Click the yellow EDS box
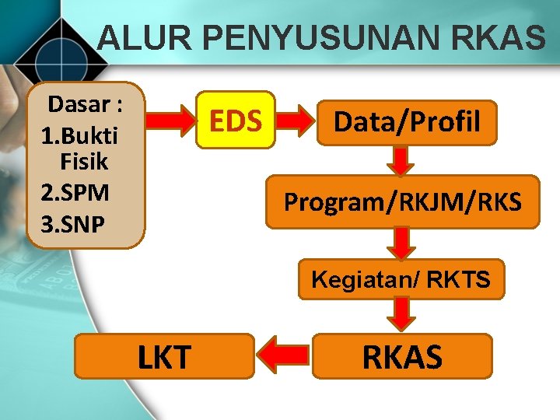coord(236,121)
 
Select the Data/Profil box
coord(407,122)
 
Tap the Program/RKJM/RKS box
coord(402,202)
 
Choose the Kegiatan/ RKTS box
coord(401,279)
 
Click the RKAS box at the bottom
coord(402,356)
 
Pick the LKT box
coord(164,357)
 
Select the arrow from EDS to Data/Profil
coord(296,121)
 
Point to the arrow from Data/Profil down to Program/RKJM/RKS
coord(401,161)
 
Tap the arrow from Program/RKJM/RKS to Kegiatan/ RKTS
coord(401,243)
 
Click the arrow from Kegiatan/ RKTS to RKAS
coord(401,316)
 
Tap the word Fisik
coord(83,163)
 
